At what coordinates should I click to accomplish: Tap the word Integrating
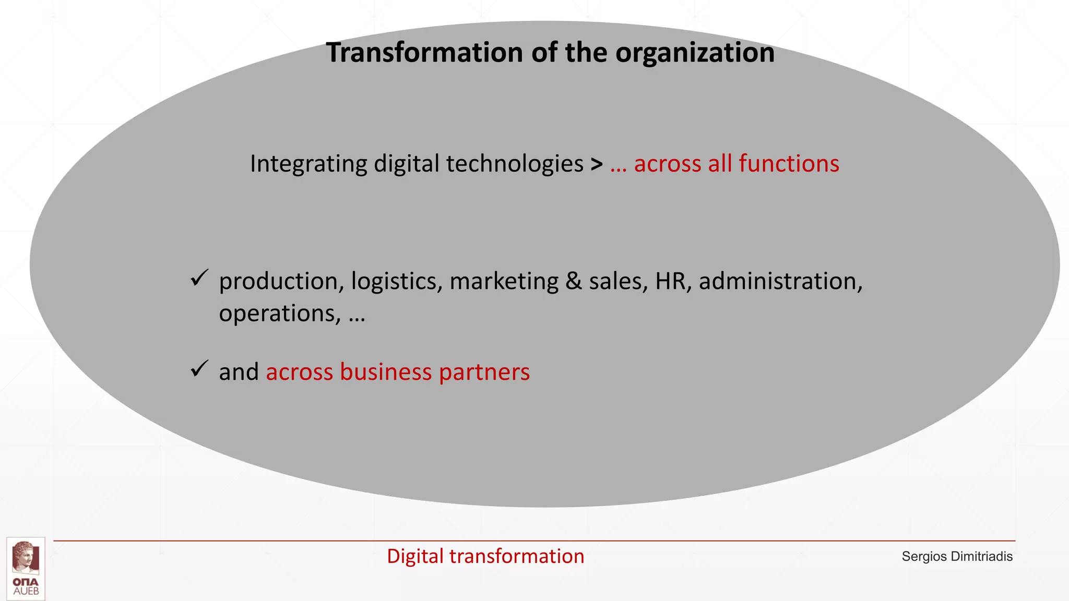point(308,164)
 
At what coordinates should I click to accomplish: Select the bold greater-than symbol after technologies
point(597,164)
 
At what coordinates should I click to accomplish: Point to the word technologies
point(514,164)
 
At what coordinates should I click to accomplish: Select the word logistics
point(397,282)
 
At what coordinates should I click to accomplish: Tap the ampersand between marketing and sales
point(573,281)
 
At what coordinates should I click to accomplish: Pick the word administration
point(780,281)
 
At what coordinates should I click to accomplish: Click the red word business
point(386,372)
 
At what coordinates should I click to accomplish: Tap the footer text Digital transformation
point(485,556)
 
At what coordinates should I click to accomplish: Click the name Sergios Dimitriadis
point(957,557)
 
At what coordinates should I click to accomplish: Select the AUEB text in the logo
point(26,592)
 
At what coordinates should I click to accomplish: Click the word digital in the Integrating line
point(406,164)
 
